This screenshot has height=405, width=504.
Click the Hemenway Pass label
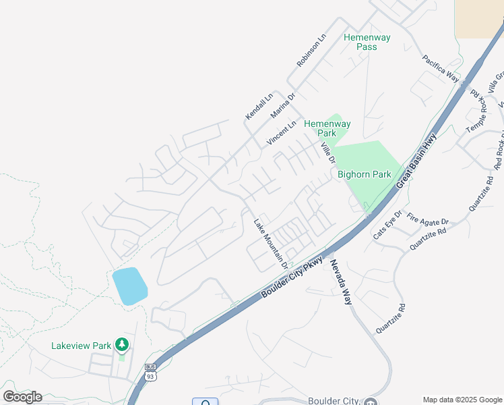pos(367,43)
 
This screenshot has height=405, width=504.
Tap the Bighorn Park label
pos(364,174)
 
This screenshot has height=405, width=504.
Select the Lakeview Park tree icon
pos(121,346)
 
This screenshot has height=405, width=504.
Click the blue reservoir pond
pos(129,286)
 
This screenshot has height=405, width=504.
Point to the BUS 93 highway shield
pos(150,373)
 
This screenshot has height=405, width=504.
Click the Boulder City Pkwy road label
pos(292,275)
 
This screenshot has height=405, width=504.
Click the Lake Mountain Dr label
pos(271,243)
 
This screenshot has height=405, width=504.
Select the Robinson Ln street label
pos(311,51)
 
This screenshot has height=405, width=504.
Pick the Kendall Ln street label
pos(259,107)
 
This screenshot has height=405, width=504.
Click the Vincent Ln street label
pos(282,133)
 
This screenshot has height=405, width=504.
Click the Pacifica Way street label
pos(441,69)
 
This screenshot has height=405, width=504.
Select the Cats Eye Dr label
pos(387,224)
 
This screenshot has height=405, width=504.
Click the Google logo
pos(22,397)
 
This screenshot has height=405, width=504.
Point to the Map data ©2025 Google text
pos(462,400)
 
